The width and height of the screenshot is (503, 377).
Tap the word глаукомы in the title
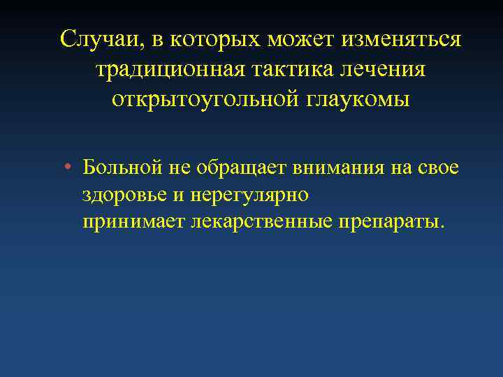356,100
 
